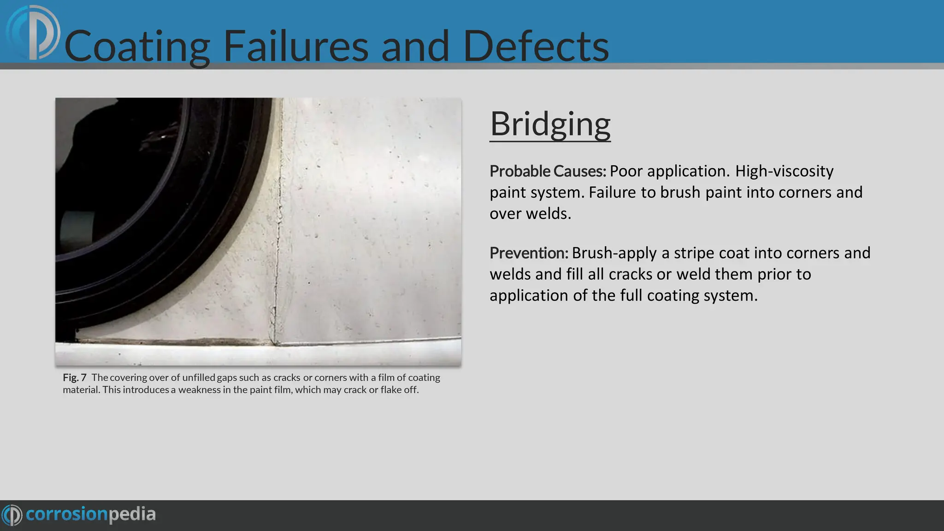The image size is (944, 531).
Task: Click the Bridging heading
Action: (550, 124)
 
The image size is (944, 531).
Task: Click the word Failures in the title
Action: (295, 46)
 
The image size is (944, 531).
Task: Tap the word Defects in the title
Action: (536, 46)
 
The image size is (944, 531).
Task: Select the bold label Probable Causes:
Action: (548, 171)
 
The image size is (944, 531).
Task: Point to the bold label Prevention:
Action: (529, 253)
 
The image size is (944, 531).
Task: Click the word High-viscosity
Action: (784, 171)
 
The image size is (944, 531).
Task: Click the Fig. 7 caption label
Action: (75, 378)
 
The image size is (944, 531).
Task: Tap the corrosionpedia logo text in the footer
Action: (91, 514)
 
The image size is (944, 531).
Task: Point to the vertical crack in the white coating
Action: (277, 240)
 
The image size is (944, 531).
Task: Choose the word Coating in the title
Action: (137, 46)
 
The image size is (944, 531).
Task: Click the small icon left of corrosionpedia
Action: (12, 515)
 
